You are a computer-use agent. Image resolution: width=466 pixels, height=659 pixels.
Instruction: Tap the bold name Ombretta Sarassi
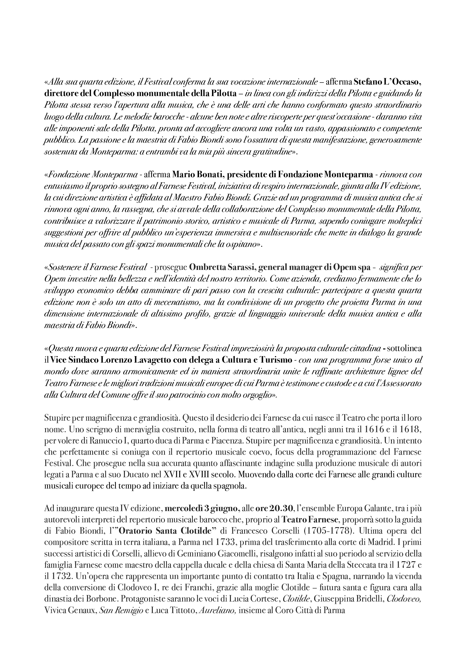pyautogui.click(x=222, y=267)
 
